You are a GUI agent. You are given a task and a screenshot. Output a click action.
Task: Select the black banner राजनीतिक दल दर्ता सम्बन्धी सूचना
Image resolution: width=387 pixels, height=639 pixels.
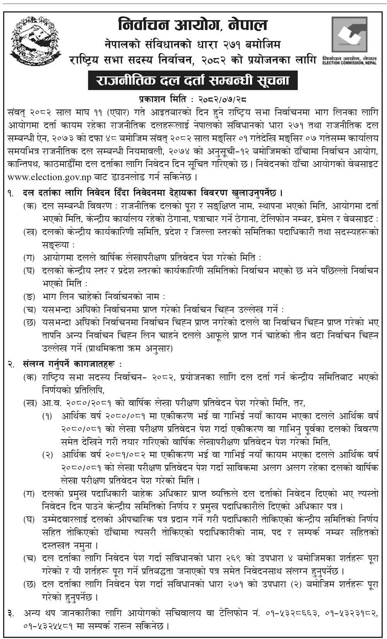pos(193,80)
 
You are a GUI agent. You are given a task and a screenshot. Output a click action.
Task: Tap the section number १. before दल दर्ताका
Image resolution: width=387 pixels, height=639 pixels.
pos(11,193)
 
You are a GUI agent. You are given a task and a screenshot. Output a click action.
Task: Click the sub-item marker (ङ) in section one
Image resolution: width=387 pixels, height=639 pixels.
pos(29,297)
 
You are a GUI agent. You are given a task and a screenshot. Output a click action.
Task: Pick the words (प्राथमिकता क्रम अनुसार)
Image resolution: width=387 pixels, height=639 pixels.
pos(130,348)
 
